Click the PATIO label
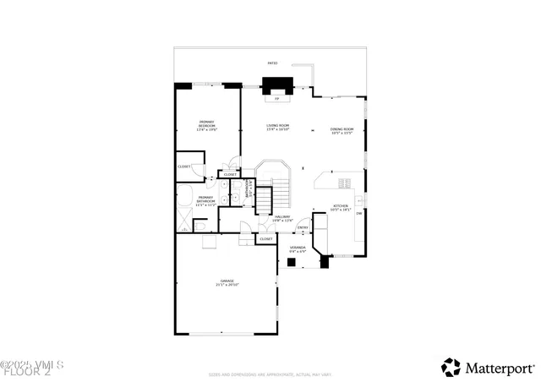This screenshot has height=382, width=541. [272, 63]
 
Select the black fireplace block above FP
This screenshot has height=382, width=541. [277, 85]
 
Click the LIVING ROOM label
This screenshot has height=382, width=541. [278, 128]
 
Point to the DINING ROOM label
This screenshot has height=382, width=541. [342, 131]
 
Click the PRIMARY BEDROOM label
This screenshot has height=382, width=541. [207, 126]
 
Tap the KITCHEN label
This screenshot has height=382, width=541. [341, 207]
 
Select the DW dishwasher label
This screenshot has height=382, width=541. [359, 213]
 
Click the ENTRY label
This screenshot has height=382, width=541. [303, 227]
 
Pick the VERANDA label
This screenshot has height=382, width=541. [298, 249]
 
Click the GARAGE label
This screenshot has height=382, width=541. [227, 282]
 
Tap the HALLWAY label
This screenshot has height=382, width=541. [282, 218]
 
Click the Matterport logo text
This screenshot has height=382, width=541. [499, 367]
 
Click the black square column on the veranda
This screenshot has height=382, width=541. [290, 262]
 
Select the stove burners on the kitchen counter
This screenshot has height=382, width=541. [343, 183]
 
